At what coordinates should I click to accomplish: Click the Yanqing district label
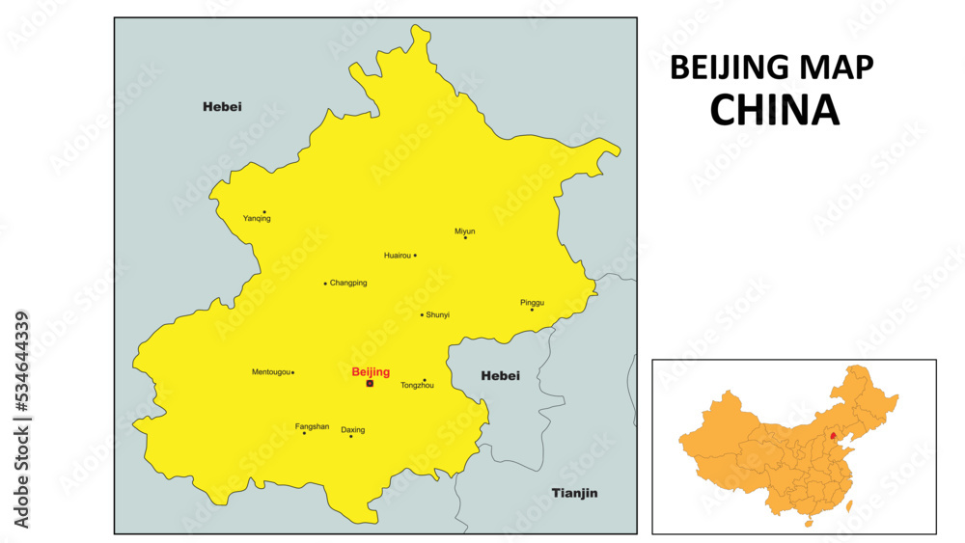click(x=257, y=219)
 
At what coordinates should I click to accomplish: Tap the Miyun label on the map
click(x=465, y=231)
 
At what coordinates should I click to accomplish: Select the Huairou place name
click(x=397, y=256)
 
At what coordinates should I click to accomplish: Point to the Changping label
click(x=348, y=284)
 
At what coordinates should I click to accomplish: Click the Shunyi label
click(x=438, y=315)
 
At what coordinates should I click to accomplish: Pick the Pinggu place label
click(x=532, y=302)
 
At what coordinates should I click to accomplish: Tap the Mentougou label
click(x=271, y=372)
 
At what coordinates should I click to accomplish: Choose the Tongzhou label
click(x=417, y=386)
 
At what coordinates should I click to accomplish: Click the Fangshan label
click(x=312, y=426)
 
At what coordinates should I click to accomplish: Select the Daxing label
click(x=353, y=430)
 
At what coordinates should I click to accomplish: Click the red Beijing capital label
click(x=371, y=371)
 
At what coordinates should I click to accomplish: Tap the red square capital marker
click(x=370, y=383)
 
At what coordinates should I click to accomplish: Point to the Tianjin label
click(x=574, y=494)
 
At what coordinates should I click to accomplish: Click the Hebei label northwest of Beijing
click(x=222, y=106)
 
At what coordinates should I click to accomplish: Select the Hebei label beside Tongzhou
click(x=500, y=376)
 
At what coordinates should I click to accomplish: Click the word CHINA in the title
click(x=774, y=111)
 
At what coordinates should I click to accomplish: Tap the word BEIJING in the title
click(x=730, y=67)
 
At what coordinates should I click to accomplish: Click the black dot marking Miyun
click(x=465, y=238)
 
